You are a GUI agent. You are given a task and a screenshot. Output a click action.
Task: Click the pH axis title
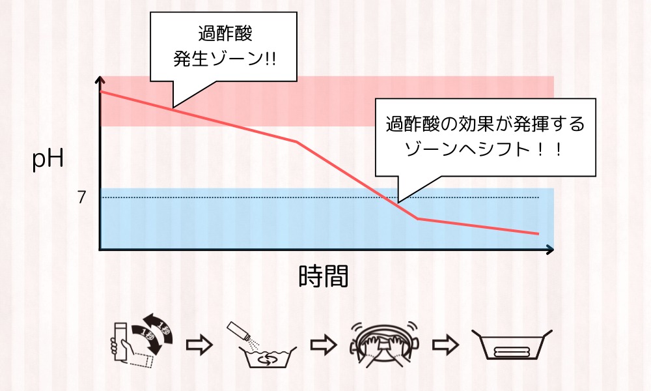48,160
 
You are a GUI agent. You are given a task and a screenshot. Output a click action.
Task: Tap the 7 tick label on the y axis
82,197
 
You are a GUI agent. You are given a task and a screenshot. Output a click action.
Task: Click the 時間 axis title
324,276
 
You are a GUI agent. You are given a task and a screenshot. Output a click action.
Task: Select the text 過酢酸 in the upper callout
225,33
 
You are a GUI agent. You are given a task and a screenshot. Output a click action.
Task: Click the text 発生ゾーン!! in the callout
224,59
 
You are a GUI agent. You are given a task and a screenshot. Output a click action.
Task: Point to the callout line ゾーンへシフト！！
484,149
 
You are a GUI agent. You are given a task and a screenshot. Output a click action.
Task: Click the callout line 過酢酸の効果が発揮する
486,124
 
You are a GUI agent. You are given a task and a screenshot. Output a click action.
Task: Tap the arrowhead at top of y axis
100,79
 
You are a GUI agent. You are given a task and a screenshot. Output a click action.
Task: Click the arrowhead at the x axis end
551,250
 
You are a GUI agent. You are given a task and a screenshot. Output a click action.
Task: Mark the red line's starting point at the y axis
101,91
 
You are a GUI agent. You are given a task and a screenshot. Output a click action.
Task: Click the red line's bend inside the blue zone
418,218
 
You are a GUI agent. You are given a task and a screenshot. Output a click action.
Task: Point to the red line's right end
538,234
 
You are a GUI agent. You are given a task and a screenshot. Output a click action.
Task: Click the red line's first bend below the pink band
297,141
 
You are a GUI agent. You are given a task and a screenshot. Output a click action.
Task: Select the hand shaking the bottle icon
141,343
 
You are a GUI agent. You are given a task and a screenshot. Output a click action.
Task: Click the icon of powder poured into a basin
262,345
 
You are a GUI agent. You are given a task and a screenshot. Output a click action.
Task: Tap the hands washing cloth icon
385,344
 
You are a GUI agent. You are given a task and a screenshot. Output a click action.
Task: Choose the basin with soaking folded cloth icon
512,345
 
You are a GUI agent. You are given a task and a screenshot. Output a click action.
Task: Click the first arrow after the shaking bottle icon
199,345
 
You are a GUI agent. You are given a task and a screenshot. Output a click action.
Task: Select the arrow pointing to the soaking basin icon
445,345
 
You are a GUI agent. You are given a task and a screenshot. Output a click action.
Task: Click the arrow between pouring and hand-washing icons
324,345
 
